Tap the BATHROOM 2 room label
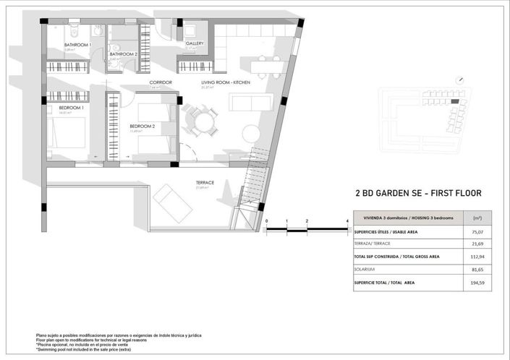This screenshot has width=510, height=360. tap(123, 54)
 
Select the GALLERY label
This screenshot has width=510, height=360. tap(195, 43)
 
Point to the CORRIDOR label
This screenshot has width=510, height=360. tap(161, 82)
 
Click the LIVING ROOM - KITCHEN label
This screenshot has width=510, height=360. tap(226, 82)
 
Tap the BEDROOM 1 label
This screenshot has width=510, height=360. tap(71, 108)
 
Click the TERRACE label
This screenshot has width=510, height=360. tap(205, 183)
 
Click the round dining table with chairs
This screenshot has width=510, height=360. tap(199, 119)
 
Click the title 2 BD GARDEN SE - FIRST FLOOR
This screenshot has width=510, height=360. tap(418, 194)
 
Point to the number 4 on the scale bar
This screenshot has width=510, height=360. tap(348, 221)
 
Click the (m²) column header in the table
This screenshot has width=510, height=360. tap(477, 218)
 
